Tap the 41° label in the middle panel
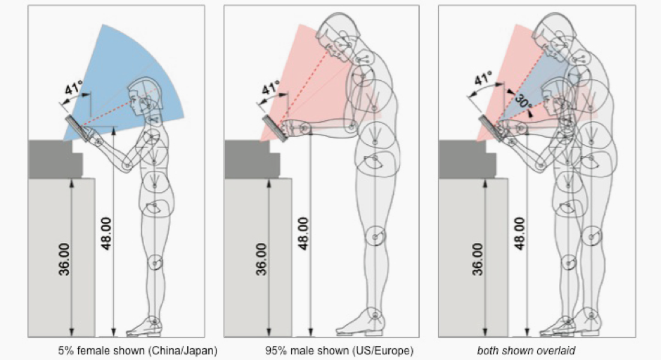[x=271, y=90]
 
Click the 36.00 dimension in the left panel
[x=63, y=259]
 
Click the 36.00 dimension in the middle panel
[x=261, y=259]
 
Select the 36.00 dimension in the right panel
[x=477, y=259]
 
